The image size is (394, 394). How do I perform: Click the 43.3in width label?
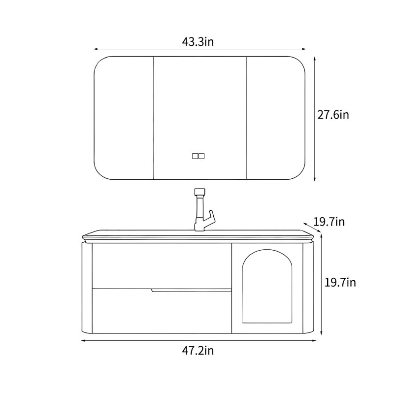tap(198, 42)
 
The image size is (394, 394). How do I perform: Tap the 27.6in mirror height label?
tap(333, 115)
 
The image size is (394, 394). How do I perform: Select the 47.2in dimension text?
tap(198, 351)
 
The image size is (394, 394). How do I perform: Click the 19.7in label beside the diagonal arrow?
tap(329, 222)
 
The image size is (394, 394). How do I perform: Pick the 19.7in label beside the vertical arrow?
tap(340, 282)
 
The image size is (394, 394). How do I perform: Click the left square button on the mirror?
tap(195, 156)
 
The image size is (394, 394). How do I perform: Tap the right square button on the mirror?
tap(201, 156)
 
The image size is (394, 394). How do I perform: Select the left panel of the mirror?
tap(124, 118)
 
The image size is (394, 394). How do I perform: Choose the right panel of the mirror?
tap(276, 118)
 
